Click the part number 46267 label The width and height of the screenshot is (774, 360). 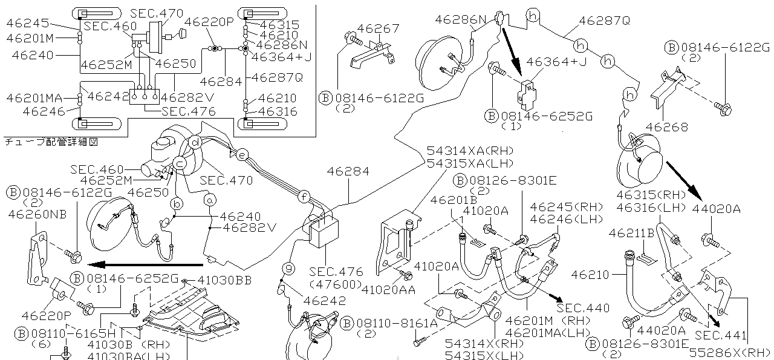(378, 28)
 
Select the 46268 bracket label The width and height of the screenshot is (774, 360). (666, 128)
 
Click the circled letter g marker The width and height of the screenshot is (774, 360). (289, 267)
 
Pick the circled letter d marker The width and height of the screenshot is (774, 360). (195, 142)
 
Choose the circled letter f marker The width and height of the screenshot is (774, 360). (305, 196)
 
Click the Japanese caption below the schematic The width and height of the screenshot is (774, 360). (51, 142)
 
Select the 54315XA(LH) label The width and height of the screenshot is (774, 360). (469, 163)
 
